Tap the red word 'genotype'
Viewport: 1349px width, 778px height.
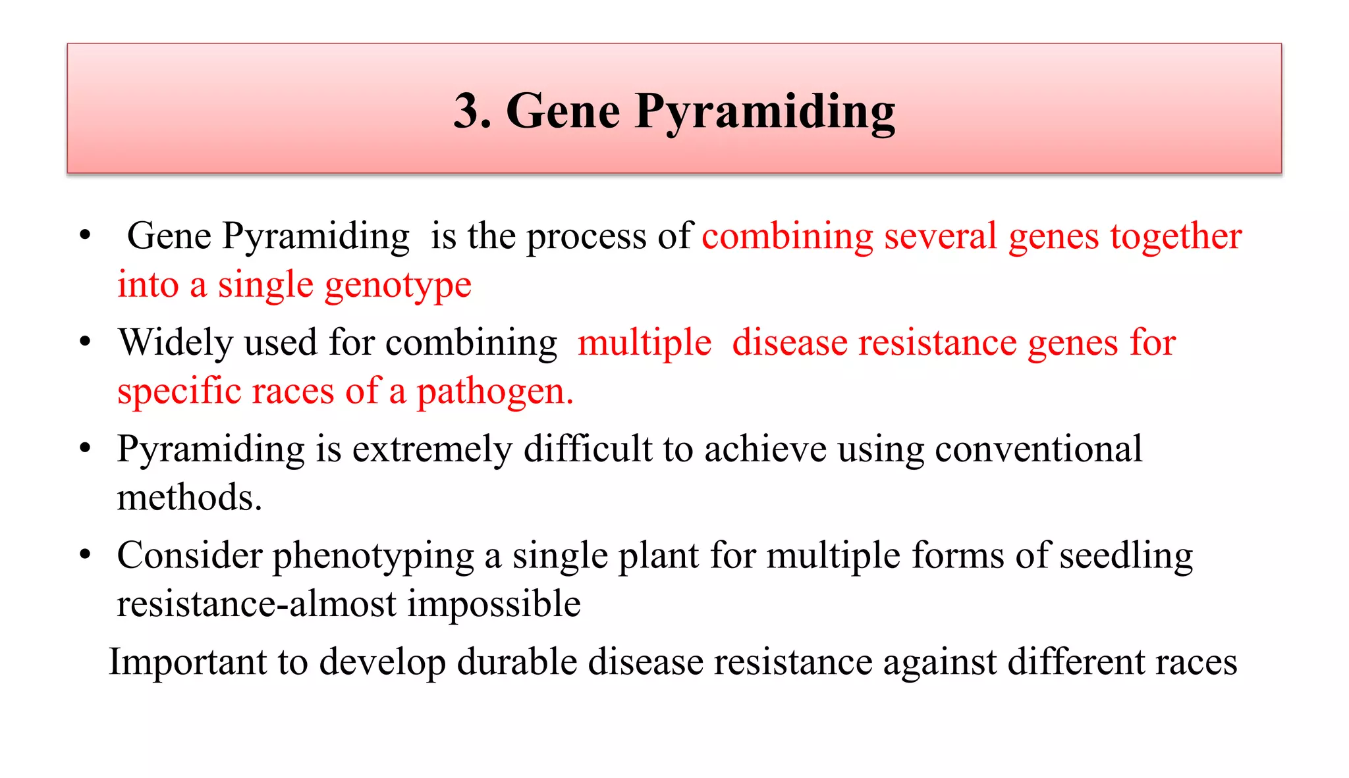(397, 286)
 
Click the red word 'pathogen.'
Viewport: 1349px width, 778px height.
(495, 392)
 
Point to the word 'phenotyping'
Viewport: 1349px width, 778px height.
(373, 556)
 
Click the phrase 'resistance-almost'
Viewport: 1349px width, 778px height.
(256, 604)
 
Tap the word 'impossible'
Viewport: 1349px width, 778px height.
(493, 604)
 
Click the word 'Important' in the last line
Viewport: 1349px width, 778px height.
(187, 661)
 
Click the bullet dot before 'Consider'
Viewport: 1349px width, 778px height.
(85, 554)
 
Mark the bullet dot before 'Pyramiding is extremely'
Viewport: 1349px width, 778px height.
(85, 448)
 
